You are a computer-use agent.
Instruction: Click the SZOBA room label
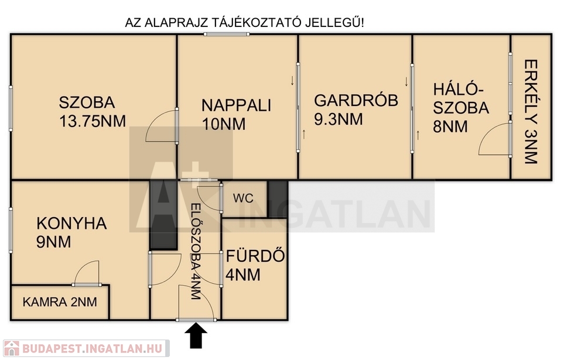tap(87, 102)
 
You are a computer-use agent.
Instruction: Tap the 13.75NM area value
tap(93, 121)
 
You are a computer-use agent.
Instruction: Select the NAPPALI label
tap(237, 105)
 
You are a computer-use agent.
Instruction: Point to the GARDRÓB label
tap(356, 100)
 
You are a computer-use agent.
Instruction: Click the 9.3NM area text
tap(339, 119)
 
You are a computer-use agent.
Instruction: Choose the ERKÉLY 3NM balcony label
tap(531, 112)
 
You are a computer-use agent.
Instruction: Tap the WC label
tap(243, 198)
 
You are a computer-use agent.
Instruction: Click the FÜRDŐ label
tap(255, 256)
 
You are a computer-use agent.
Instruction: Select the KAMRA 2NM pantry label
tap(60, 302)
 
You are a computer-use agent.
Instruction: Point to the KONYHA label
tap(71, 224)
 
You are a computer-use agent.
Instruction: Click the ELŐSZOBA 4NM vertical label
tap(195, 252)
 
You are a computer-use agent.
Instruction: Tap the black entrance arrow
tap(196, 335)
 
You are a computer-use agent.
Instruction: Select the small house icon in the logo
tap(11, 348)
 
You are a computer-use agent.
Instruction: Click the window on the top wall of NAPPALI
tap(227, 35)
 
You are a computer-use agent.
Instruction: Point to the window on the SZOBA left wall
tap(11, 108)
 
